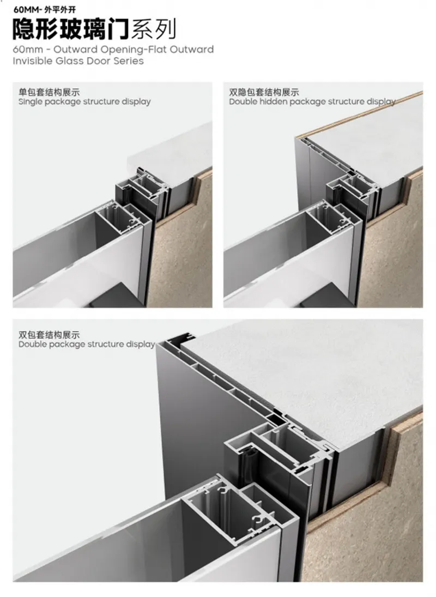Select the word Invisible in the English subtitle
point(33,61)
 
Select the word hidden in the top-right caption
point(275,101)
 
